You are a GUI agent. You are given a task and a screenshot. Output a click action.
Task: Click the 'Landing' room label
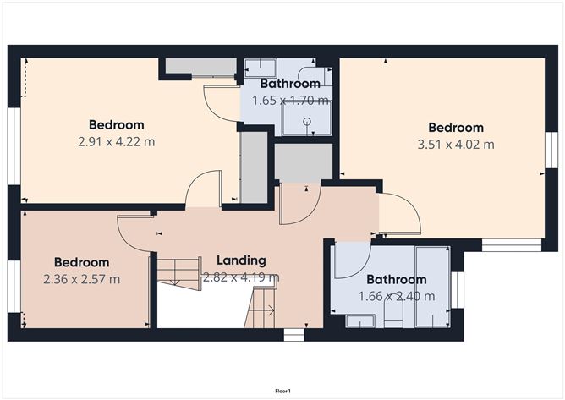pos(240,260)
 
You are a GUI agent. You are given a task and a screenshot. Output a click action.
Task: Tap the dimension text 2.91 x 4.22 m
pos(116,141)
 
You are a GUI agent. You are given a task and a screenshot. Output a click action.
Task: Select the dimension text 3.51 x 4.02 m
pos(456,144)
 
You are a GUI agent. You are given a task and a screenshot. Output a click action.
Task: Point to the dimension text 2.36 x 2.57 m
pos(81,278)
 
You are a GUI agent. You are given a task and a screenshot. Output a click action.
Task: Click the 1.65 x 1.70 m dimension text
pos(289,100)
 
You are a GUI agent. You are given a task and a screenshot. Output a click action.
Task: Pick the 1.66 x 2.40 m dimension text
pos(396,296)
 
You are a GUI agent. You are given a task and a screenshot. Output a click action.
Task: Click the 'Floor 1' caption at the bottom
pos(282,392)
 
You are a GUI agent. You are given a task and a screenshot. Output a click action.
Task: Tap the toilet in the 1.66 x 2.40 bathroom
pos(393,316)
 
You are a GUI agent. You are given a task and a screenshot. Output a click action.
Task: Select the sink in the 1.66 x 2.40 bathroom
pos(361,320)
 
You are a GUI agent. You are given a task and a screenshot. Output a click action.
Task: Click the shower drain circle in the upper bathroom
pos(306,121)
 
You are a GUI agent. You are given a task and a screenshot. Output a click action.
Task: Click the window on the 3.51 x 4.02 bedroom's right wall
pos(549,153)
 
